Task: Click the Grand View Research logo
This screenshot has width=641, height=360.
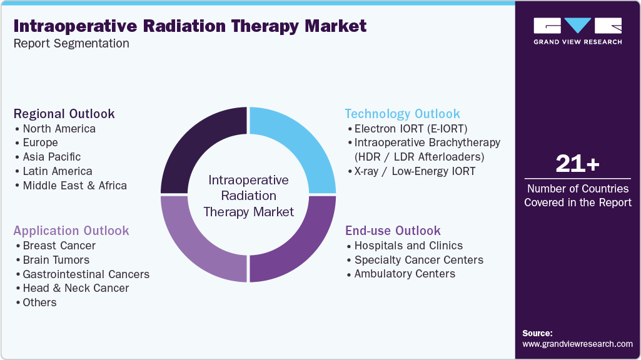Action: (577, 31)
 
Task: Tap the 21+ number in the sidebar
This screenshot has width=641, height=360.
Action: (577, 164)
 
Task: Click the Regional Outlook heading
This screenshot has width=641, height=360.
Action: (64, 114)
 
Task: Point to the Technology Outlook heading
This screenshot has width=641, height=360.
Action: (402, 114)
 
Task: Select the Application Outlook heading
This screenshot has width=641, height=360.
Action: (71, 231)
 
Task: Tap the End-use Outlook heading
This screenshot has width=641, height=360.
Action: (393, 231)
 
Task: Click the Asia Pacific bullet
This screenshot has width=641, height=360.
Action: (51, 157)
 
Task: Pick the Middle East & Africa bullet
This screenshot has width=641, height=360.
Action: (74, 186)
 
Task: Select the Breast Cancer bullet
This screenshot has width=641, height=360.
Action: (59, 246)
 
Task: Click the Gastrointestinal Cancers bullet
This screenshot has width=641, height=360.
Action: (86, 274)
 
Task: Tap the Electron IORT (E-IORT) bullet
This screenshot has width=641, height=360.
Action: (410, 129)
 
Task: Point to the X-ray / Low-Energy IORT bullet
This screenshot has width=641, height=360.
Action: (415, 171)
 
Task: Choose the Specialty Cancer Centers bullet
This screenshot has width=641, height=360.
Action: (418, 259)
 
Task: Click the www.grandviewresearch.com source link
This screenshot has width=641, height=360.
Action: (577, 344)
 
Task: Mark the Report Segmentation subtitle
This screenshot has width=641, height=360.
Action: (71, 44)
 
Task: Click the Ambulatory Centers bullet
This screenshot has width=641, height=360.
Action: (405, 274)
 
